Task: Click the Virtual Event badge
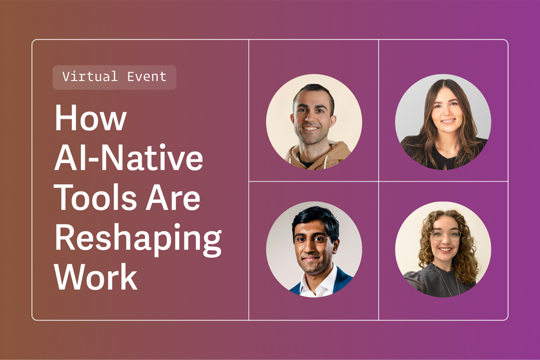tap(114, 77)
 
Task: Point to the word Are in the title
tap(179, 198)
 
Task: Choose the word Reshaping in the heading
tap(138, 239)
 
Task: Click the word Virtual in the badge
tap(90, 77)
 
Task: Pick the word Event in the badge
tap(146, 77)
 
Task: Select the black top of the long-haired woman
tap(444, 157)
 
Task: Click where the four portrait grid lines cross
tap(379, 181)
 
